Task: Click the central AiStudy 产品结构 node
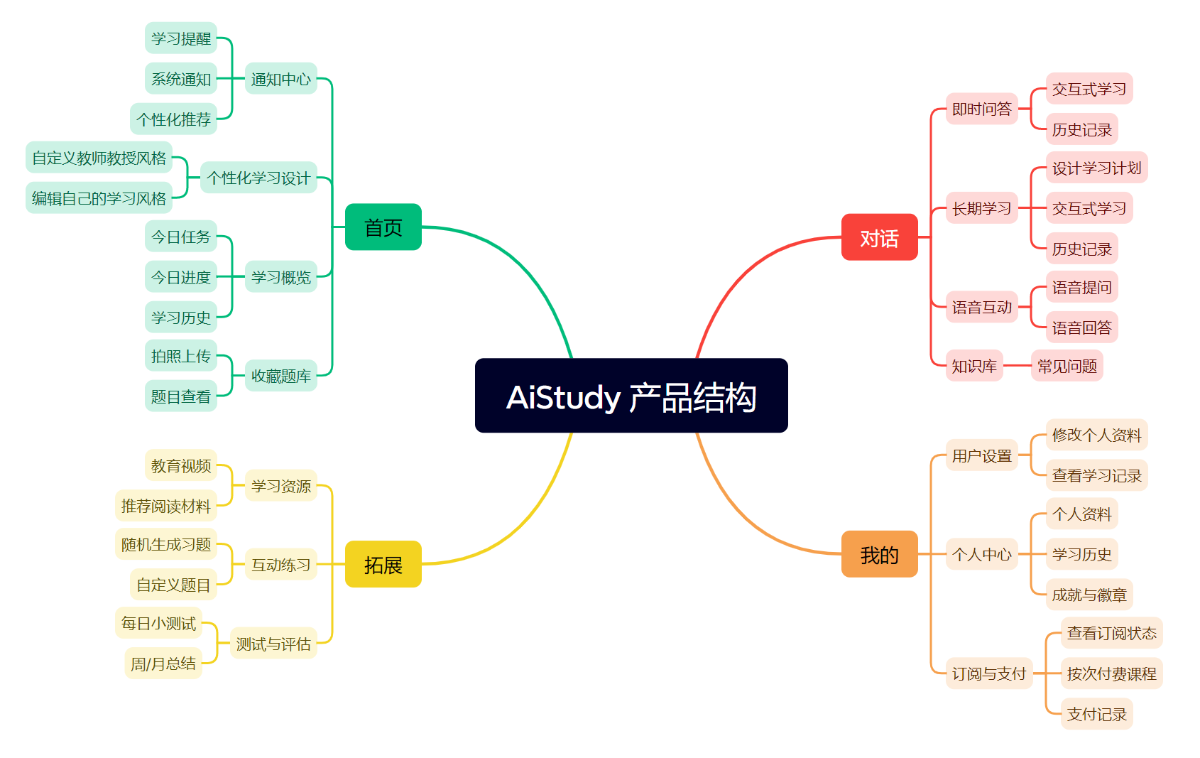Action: (x=631, y=396)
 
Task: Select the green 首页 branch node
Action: (x=383, y=227)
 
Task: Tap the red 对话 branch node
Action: (x=880, y=237)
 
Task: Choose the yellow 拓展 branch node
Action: (x=383, y=564)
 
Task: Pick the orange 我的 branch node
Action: (x=880, y=553)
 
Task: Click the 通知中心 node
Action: (x=280, y=79)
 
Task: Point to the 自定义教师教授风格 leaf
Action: (x=99, y=158)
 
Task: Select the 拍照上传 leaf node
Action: (x=181, y=355)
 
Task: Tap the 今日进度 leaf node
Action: (x=181, y=276)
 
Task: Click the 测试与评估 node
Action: (x=273, y=644)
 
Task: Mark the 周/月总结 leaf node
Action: (x=163, y=663)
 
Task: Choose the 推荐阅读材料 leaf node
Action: (x=166, y=506)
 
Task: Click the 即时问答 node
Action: (x=981, y=109)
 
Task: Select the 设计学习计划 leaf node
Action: (x=1096, y=168)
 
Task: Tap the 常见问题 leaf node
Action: (x=1067, y=366)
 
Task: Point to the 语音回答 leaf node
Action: (x=1081, y=327)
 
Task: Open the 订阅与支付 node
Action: (x=989, y=673)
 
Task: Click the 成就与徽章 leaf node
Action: (x=1089, y=594)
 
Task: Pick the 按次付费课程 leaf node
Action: (x=1112, y=673)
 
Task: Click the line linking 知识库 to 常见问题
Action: (x=1017, y=366)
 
